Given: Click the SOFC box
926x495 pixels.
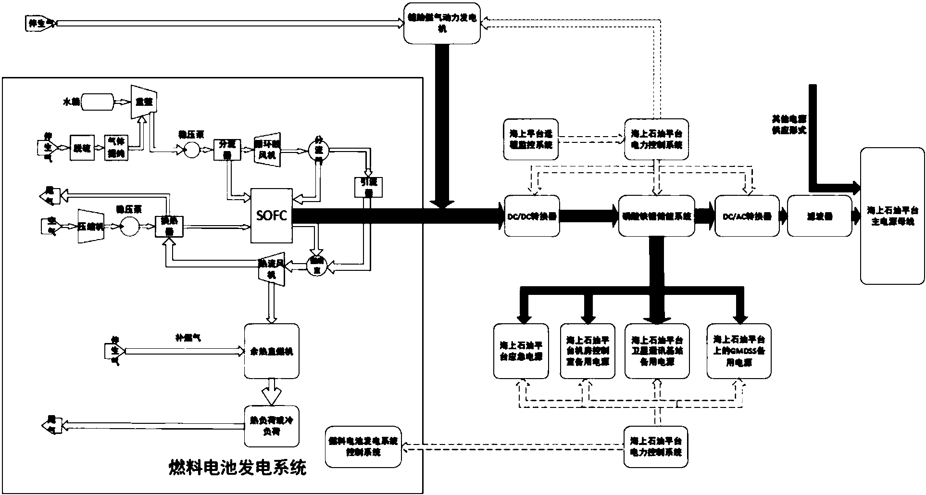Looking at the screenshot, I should coord(272,216).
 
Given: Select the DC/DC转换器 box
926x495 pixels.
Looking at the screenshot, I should coord(532,216).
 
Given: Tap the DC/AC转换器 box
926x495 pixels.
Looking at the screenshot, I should coord(747,216).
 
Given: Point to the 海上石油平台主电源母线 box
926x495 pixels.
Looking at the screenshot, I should coord(892,216).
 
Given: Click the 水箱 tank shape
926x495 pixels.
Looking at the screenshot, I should coord(97,102).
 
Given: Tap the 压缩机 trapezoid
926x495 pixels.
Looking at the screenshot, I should coord(91,226).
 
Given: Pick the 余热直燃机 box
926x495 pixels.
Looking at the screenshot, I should coord(272,350).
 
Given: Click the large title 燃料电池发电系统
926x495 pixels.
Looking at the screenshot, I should coord(238,467).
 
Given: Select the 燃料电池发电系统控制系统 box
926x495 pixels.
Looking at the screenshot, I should coord(363,447).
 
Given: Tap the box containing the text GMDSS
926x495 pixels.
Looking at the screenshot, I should coord(739,350).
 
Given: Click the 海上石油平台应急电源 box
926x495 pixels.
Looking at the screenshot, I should coord(521,350).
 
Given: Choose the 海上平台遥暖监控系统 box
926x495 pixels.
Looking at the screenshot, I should coord(531,139).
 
